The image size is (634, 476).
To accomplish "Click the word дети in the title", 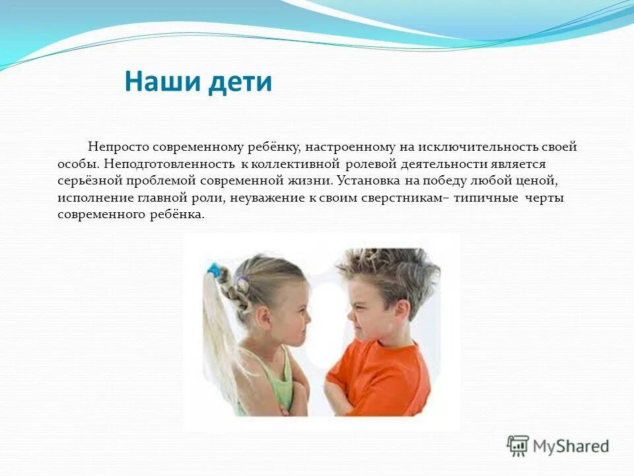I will pyautogui.click(x=238, y=82).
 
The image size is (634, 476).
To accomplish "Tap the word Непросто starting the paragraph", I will pyautogui.click(x=116, y=147).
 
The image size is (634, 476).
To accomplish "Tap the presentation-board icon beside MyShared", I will pyautogui.click(x=518, y=446).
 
